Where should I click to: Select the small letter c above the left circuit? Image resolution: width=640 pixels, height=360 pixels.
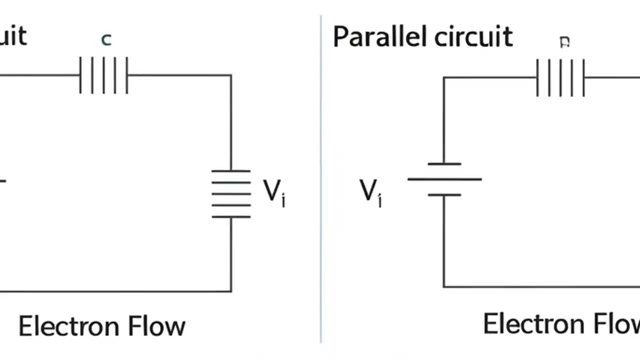pos(106,39)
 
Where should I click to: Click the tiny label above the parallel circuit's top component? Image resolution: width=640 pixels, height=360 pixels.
pos(564,42)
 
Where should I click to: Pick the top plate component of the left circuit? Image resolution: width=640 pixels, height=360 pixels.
pos(104,75)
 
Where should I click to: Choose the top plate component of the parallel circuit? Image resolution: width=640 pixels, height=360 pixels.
pos(560,77)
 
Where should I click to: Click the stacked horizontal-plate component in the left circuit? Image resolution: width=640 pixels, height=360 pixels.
pos(231,193)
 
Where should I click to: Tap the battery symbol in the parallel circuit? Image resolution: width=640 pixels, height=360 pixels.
pos(444,179)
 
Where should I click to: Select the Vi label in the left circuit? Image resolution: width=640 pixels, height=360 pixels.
pos(274,192)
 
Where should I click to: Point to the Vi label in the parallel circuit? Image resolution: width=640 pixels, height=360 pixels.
pos(370,192)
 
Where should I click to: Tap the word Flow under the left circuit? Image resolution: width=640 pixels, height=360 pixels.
pos(156,326)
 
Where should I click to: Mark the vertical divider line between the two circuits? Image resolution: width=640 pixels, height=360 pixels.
pos(321,180)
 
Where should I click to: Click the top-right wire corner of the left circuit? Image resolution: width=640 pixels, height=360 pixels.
pos(231,75)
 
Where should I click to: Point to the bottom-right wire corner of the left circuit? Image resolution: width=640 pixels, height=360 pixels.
pos(231,291)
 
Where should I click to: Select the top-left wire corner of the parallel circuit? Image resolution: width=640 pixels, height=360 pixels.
pos(444,77)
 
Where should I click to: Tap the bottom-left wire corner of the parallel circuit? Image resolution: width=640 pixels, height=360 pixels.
pos(444,287)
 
